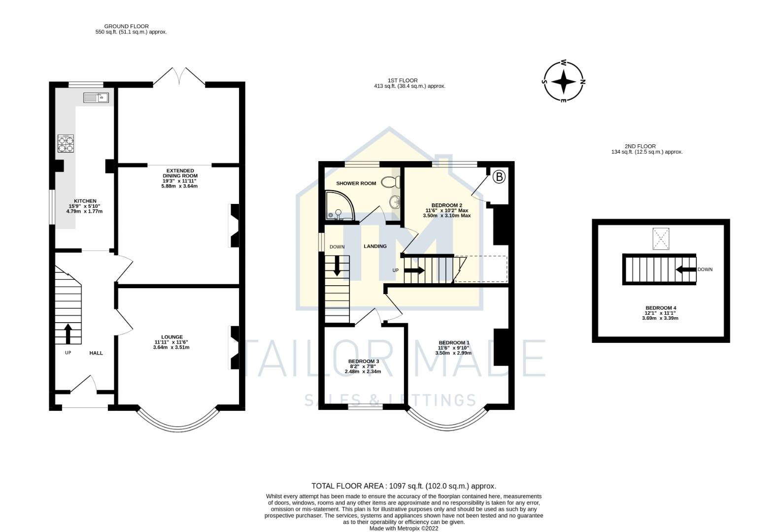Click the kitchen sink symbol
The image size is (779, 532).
pyautogui.click(x=96, y=98)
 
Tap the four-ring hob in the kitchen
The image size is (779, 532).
pyautogui.click(x=66, y=143)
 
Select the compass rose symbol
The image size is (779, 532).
pyautogui.click(x=563, y=82)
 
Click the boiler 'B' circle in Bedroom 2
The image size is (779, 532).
pyautogui.click(x=499, y=176)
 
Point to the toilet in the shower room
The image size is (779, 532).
pyautogui.click(x=392, y=182)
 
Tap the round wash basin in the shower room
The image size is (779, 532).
pyautogui.click(x=395, y=202)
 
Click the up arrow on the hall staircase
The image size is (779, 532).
pyautogui.click(x=68, y=333)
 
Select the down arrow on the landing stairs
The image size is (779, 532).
pyautogui.click(x=338, y=266)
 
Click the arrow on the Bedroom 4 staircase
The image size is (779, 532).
pyautogui.click(x=685, y=269)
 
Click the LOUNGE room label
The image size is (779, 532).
pyautogui.click(x=171, y=337)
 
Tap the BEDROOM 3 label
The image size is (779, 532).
pyautogui.click(x=363, y=361)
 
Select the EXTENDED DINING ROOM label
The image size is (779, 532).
pyautogui.click(x=180, y=173)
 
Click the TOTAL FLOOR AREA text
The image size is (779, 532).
pyautogui.click(x=404, y=486)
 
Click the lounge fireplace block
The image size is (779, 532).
pyautogui.click(x=235, y=347)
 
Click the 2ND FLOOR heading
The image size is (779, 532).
pyautogui.click(x=640, y=146)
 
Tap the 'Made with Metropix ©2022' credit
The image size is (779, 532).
pyautogui.click(x=404, y=529)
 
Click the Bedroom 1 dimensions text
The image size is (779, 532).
pyautogui.click(x=453, y=350)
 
